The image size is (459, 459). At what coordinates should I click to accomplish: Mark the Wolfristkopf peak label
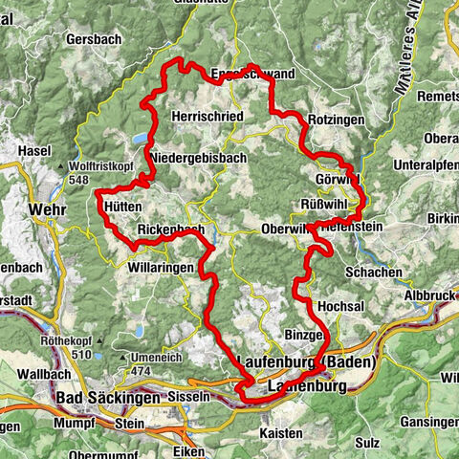[100, 165]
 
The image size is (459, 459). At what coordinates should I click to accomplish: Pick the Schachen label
[375, 273]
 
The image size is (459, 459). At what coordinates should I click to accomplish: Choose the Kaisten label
[281, 433]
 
